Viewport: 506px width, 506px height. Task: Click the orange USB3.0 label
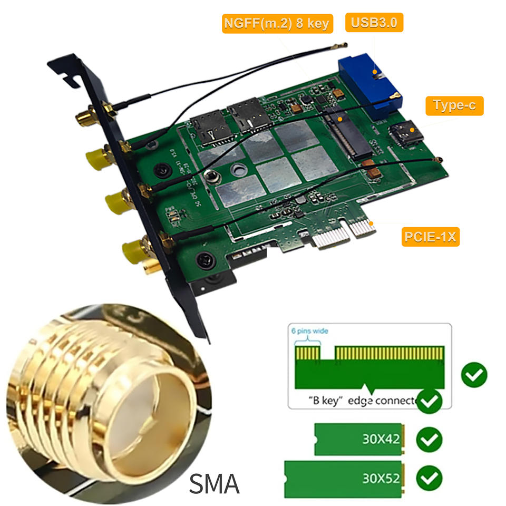[x=374, y=23]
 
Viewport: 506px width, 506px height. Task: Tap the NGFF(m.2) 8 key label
[x=277, y=24]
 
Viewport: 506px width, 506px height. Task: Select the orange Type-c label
[x=454, y=105]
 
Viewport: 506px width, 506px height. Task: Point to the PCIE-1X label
[x=430, y=237]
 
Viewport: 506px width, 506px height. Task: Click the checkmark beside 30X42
[x=429, y=440]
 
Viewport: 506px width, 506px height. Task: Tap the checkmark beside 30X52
[x=429, y=479]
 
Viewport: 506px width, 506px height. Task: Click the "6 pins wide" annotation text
[x=309, y=331]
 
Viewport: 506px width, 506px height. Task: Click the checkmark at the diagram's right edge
[x=474, y=375]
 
